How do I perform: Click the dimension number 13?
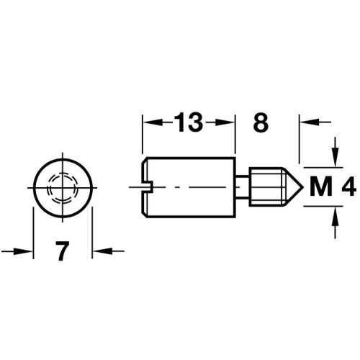pos(189,123)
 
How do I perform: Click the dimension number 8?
pos(261,123)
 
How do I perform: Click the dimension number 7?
pos(63,252)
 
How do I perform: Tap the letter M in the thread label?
pos(316,189)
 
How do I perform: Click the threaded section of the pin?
pos(266,186)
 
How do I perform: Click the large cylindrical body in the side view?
pos(191,186)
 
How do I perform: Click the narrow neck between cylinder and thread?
pos(243,186)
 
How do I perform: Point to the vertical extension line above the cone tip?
pos(299,140)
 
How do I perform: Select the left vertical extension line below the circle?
pos(33,230)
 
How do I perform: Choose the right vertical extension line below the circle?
pos(93,230)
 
